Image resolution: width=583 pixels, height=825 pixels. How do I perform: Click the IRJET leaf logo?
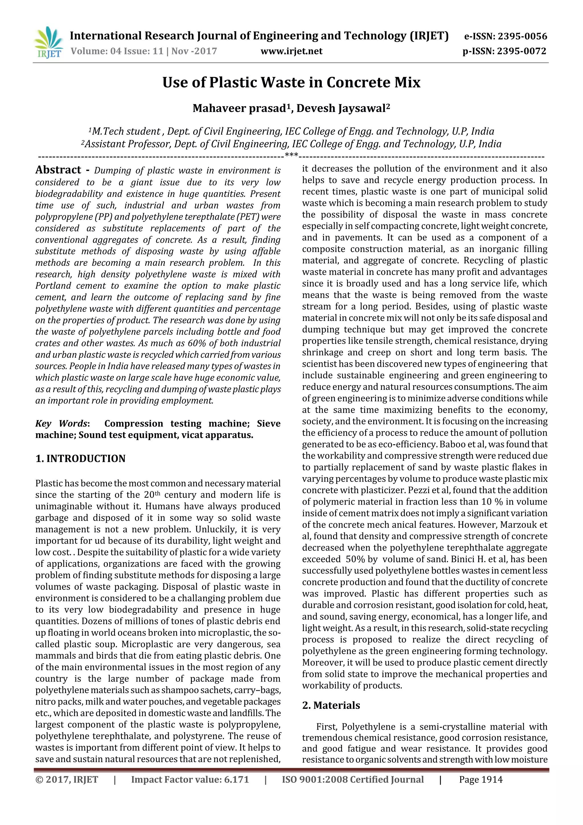pyautogui.click(x=48, y=42)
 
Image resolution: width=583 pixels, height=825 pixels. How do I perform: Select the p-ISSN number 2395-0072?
pyautogui.click(x=522, y=51)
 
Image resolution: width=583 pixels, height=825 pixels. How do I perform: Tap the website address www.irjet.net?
pyautogui.click(x=291, y=51)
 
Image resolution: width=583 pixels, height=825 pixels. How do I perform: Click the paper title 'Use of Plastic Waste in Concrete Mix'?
pyautogui.click(x=291, y=83)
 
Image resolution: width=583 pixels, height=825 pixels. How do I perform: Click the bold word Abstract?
pyautogui.click(x=58, y=170)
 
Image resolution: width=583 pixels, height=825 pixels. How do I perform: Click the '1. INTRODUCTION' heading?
pyautogui.click(x=81, y=459)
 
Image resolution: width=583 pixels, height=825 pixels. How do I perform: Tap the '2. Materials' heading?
pyautogui.click(x=331, y=705)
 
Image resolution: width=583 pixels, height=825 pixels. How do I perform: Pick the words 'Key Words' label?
pyautogui.click(x=61, y=424)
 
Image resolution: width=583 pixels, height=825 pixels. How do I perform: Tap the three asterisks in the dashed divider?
pyautogui.click(x=291, y=155)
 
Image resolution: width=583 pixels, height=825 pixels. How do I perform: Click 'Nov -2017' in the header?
pyautogui.click(x=194, y=51)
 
